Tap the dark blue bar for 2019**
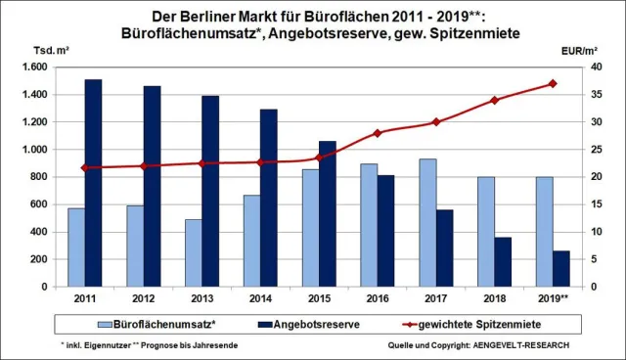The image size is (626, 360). [562, 269]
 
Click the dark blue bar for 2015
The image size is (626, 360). [328, 214]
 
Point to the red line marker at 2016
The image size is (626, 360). [378, 133]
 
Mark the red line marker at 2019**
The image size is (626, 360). [553, 83]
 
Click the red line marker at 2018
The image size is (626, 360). [495, 100]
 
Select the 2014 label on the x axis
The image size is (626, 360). [261, 297]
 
